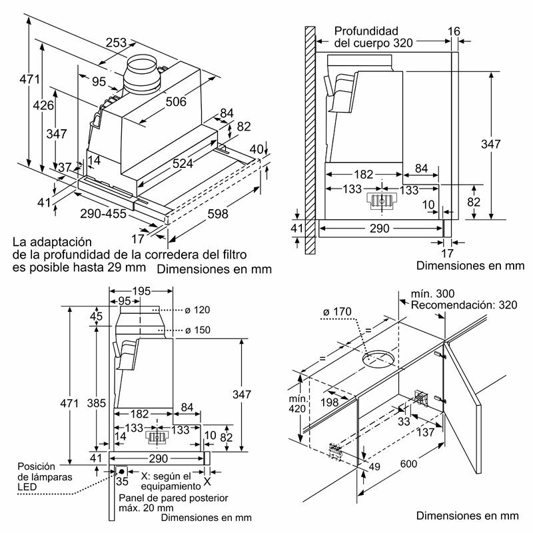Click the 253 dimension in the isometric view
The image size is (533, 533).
[x=117, y=43]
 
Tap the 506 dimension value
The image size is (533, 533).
[x=175, y=101]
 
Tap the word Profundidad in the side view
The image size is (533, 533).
[x=366, y=31]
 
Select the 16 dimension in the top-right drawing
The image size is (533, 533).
[x=454, y=31]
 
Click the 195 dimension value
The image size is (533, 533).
[x=140, y=292]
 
